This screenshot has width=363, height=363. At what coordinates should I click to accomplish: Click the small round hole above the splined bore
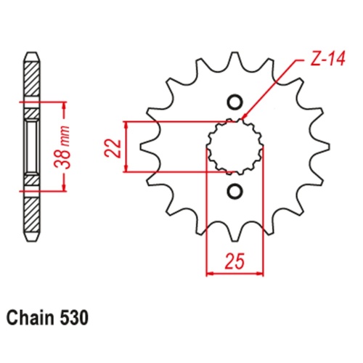pyautogui.click(x=234, y=101)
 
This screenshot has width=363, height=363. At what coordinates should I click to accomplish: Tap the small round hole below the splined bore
pyautogui.click(x=234, y=192)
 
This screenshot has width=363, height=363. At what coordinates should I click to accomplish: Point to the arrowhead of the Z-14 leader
pyautogui.click(x=245, y=117)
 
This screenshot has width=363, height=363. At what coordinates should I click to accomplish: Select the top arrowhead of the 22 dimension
pyautogui.click(x=128, y=125)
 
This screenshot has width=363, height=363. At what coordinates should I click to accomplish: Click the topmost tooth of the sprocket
pyautogui.click(x=234, y=59)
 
